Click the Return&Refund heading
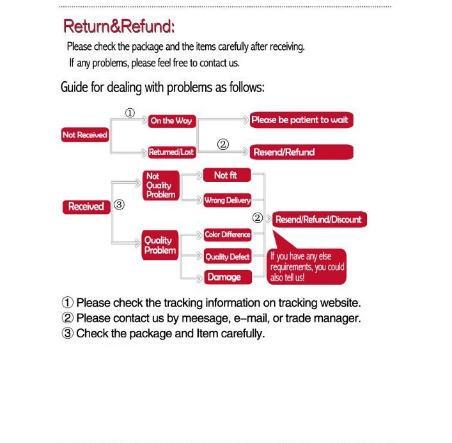[x=119, y=27]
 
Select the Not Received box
[x=84, y=135]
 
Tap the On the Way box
[x=171, y=120]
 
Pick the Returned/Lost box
[x=171, y=152]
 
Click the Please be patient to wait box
[x=299, y=120]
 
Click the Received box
[x=86, y=207]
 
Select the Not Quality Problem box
[x=160, y=185]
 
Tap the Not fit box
[x=226, y=175]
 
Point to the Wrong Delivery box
[x=227, y=200]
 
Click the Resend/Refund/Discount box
[x=318, y=220]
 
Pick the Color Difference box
[x=227, y=235]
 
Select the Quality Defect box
[x=227, y=257]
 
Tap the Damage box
[x=224, y=277]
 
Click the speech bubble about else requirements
[x=307, y=266]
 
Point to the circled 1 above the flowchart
[x=130, y=113]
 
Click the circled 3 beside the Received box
[x=118, y=205]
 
